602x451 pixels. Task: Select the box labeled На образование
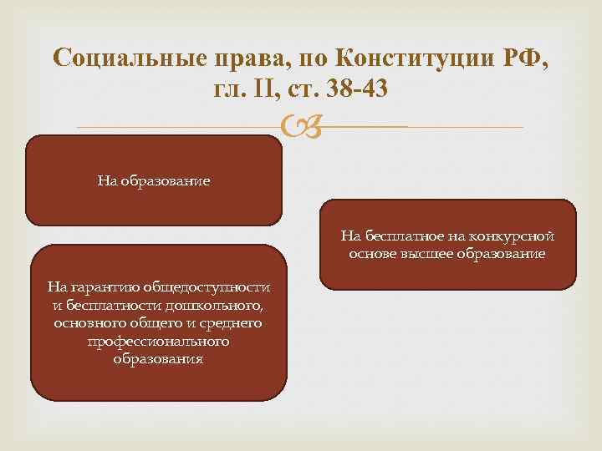[x=153, y=180]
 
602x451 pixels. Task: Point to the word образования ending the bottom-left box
[x=158, y=359]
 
